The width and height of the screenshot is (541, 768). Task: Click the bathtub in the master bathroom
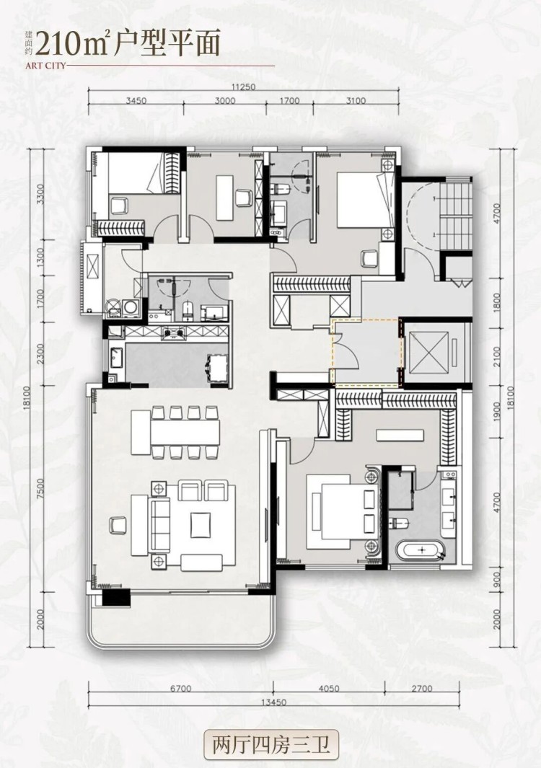point(421,552)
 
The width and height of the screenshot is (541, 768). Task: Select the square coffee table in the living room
point(201,524)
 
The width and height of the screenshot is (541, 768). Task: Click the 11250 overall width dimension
point(244,86)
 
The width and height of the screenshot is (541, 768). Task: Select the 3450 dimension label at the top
point(136,101)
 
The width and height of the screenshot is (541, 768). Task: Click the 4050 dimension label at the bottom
point(328,689)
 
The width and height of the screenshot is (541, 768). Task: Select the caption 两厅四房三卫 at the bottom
point(271,743)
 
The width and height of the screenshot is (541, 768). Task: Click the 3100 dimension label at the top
point(356,101)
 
